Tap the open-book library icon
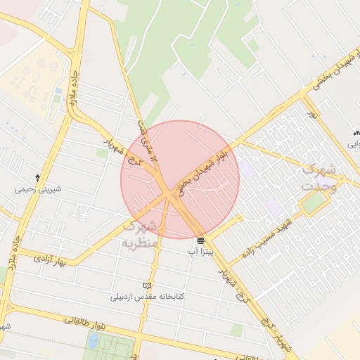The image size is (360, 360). pyautogui.click(x=147, y=285)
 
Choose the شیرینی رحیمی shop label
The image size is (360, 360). pyautogui.click(x=38, y=189)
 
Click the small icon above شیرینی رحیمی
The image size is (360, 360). pyautogui.click(x=37, y=178)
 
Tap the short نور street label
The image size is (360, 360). pyautogui.click(x=311, y=112)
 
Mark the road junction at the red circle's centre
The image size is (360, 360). pyautogui.click(x=171, y=194)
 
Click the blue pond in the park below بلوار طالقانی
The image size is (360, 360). pyautogui.click(x=94, y=341)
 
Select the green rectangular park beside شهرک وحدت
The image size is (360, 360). pyautogui.click(x=314, y=203)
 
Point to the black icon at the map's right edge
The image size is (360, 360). pyautogui.click(x=356, y=132)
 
